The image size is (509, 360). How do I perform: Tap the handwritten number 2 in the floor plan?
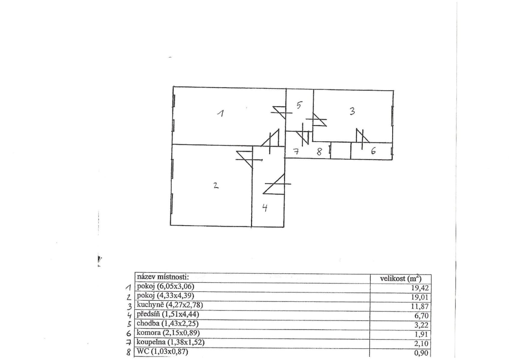coord(216,185)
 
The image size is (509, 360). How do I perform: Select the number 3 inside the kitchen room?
coord(352,111)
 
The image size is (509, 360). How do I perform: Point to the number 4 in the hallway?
coord(265,208)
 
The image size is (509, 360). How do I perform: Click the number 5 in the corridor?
coord(299,105)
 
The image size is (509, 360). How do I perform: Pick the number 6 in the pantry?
coord(373,151)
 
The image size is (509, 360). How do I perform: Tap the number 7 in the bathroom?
coord(296,152)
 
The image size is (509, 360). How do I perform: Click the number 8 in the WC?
coord(319,152)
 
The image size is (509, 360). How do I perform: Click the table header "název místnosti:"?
coord(163,277)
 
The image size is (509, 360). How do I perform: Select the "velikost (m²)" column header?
coord(400,278)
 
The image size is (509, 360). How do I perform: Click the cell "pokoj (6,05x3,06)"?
coord(166,286)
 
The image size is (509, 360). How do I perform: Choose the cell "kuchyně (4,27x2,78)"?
coord(170,305)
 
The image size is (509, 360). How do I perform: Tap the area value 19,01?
coord(420,297)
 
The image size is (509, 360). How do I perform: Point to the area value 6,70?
coord(421,316)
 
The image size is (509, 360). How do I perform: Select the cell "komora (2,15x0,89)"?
coord(168,333)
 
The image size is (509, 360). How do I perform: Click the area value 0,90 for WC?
coord(421,353)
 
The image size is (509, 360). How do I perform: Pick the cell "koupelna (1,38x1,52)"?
coord(170,342)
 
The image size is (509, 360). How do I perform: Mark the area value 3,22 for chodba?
coord(421,325)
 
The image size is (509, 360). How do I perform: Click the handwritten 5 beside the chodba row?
coord(129,324)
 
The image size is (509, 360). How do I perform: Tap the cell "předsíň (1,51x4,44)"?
coord(168,314)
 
